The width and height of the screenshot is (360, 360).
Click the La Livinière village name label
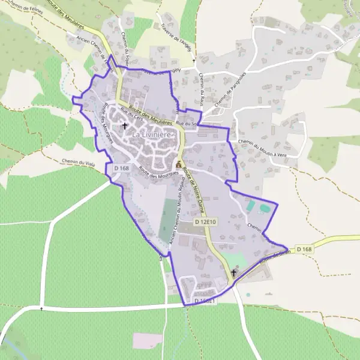(x=152, y=136)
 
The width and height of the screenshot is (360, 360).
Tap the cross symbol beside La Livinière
(x=125, y=126)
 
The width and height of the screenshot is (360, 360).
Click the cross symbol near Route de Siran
(x=233, y=273)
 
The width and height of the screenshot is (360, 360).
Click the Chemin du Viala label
(x=79, y=161)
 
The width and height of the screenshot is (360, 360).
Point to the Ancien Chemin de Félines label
(x=90, y=49)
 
